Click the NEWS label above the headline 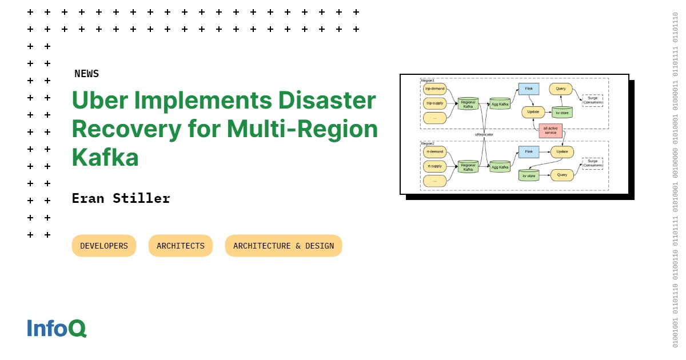86,74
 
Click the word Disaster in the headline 327,101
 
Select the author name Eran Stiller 121,198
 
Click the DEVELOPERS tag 104,246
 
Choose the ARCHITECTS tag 181,246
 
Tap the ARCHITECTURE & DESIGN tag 284,246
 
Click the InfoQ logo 57,328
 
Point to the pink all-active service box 551,130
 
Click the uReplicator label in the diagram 484,135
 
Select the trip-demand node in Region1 434,89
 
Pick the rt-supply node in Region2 434,166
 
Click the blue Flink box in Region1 529,89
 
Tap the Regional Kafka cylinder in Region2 468,167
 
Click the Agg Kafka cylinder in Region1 500,104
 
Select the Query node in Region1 560,89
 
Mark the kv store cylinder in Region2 529,175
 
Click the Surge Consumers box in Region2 592,163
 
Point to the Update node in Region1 533,112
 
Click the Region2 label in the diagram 428,143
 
